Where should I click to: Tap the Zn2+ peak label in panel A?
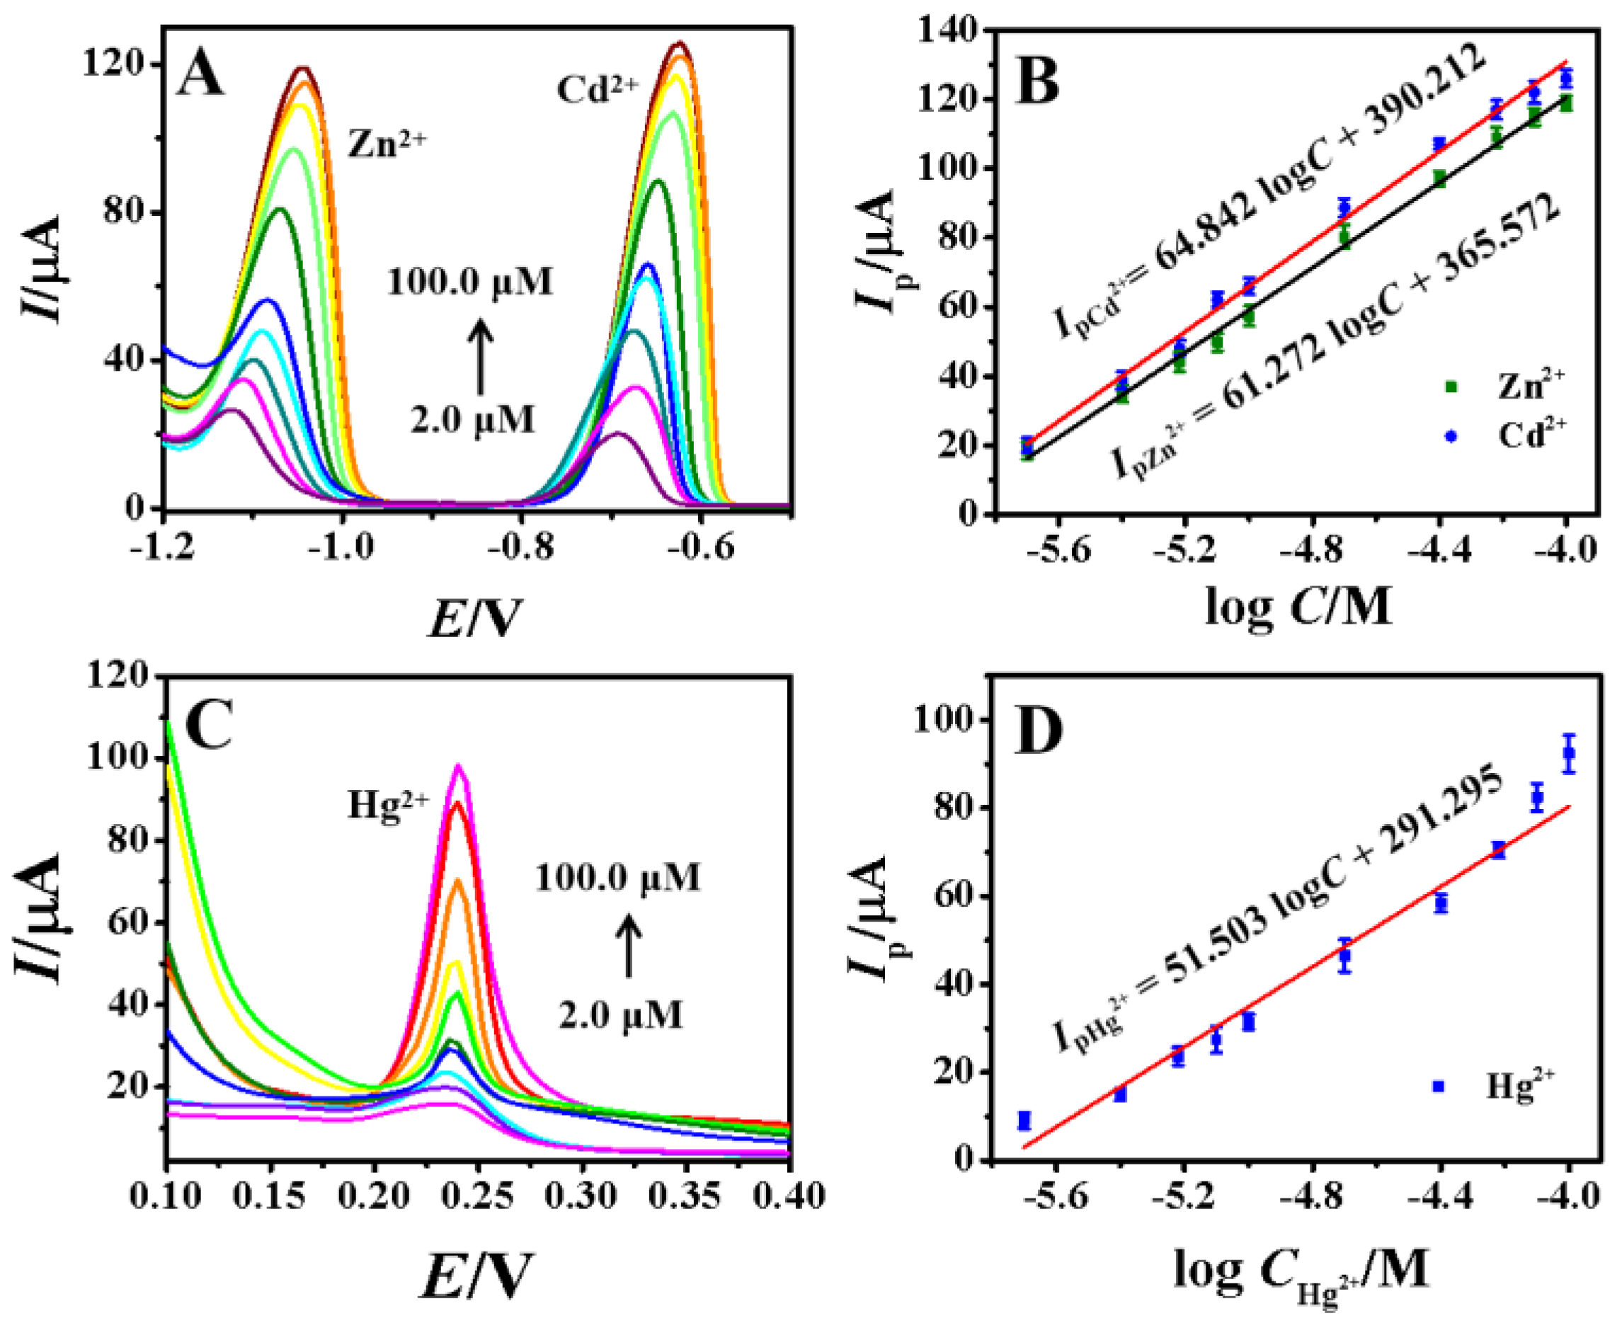387,142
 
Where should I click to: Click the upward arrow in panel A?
479,357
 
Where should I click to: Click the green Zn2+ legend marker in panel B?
1451,387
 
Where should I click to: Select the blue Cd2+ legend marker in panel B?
1451,436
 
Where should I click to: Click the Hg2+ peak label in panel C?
389,805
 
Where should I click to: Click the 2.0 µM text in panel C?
620,1015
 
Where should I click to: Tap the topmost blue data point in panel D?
1568,754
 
